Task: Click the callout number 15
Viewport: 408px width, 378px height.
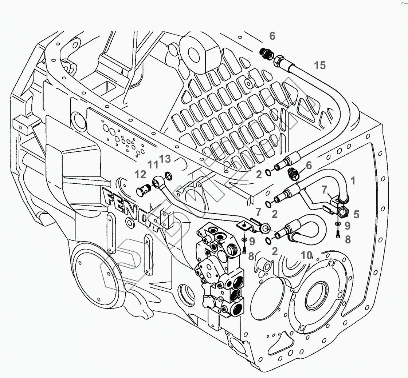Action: (319, 65)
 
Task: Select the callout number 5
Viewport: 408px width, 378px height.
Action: (356, 214)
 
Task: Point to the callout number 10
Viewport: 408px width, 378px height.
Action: (307, 255)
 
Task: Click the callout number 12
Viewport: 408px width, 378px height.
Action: (141, 175)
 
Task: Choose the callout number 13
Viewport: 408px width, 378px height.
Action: (165, 159)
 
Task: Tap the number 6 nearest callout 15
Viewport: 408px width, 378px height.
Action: (272, 36)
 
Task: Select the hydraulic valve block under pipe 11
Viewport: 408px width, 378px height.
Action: (219, 269)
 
